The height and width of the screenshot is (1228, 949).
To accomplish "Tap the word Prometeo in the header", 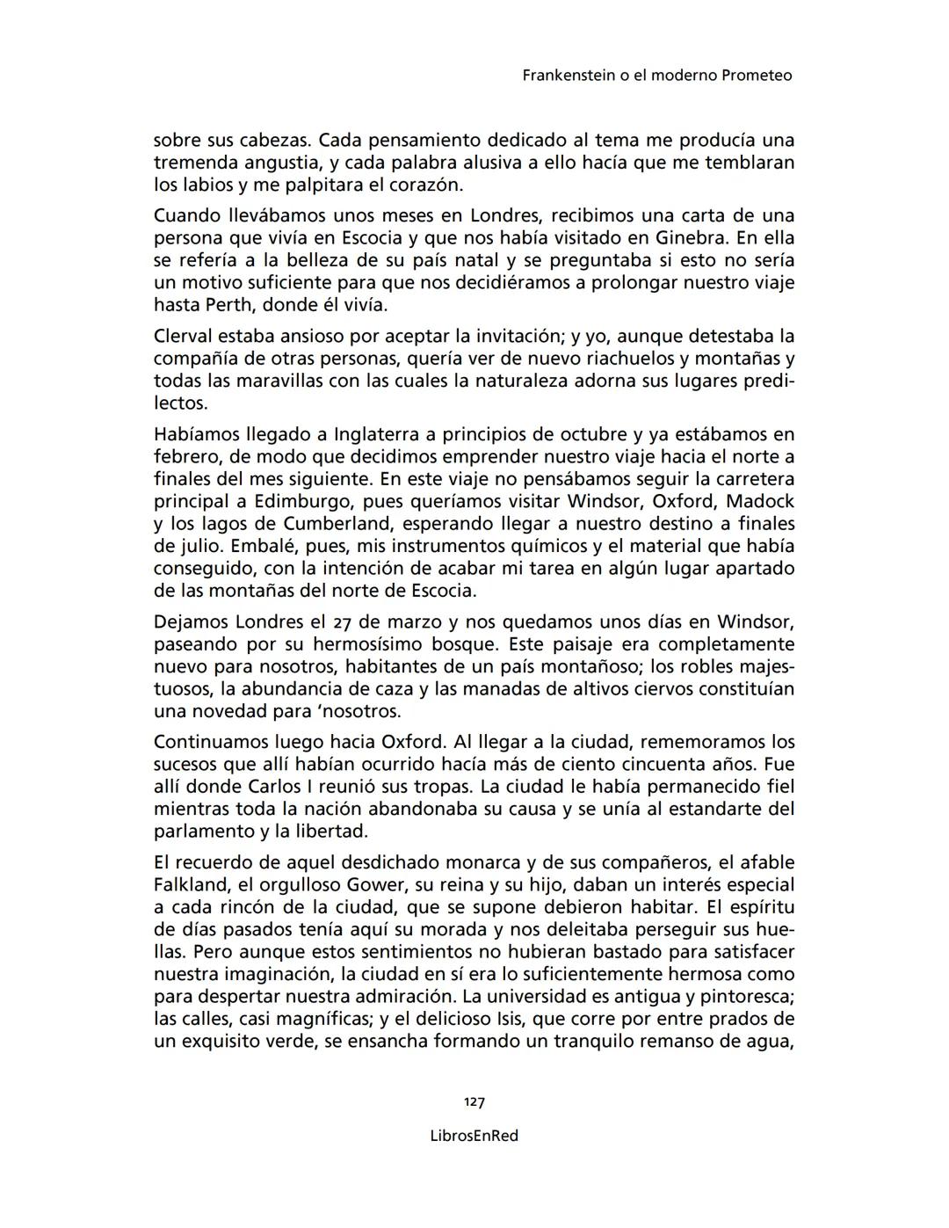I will click(757, 76).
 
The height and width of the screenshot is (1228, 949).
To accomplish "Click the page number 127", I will click(474, 1102).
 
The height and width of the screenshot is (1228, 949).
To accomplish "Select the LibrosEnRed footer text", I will click(474, 1136).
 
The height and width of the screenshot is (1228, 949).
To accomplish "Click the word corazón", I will click(425, 185).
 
